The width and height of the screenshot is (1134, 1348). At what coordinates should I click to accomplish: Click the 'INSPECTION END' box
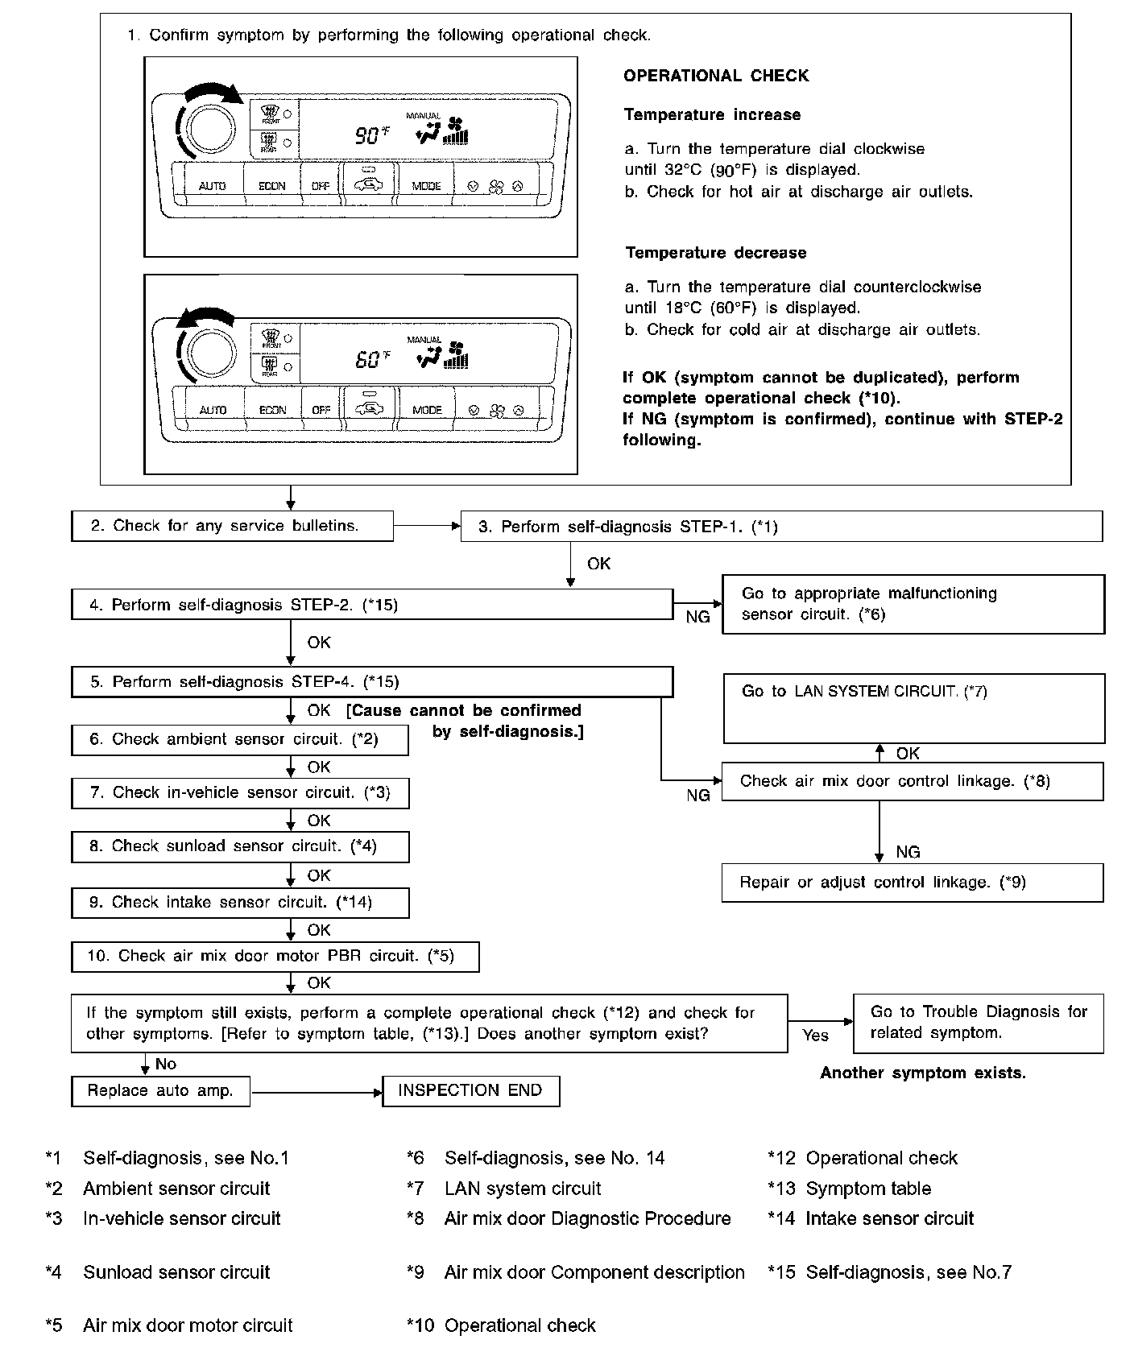470,1091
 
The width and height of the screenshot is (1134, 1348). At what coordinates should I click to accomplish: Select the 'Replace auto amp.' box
160,1091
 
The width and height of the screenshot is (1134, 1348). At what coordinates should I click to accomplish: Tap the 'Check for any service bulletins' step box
232,526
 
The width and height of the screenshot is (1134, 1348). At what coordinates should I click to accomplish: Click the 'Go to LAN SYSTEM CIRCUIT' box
913,708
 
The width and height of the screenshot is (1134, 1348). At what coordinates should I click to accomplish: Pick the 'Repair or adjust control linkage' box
912,883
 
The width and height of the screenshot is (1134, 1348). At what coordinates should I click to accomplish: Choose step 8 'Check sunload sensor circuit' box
240,846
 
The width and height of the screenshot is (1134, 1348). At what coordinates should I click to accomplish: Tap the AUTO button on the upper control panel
213,186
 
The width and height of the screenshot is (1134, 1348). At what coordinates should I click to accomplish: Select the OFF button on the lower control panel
321,410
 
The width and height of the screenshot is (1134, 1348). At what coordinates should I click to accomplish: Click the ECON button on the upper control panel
271,186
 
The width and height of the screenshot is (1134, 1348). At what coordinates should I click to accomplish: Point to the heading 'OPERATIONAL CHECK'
716,76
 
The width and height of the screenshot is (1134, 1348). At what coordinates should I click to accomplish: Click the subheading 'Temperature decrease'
715,253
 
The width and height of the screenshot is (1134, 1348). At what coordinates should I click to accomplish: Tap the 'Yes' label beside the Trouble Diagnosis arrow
815,1036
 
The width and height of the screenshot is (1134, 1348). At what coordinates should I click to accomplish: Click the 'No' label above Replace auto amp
166,1064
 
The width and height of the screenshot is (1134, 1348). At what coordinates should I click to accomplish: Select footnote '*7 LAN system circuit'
505,1189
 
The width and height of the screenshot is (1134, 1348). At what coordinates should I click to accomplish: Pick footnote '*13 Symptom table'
850,1189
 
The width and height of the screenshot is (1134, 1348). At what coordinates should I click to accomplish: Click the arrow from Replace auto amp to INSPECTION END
317,1093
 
